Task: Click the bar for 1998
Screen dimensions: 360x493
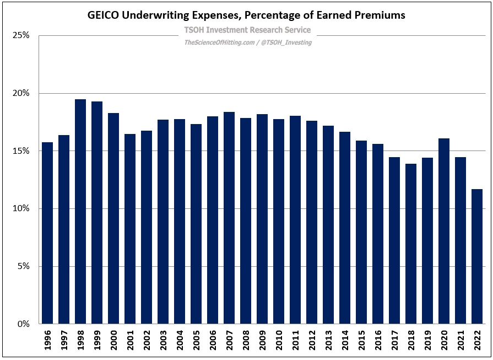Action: (80, 212)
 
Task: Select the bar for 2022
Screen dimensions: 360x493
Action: (477, 256)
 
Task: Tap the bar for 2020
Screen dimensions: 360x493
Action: (444, 232)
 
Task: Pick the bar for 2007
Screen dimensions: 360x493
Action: (229, 218)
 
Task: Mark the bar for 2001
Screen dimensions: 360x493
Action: (130, 229)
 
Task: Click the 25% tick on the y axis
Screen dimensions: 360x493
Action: (21, 36)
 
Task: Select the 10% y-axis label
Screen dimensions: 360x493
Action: (21, 209)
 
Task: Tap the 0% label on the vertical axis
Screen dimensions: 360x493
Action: (23, 324)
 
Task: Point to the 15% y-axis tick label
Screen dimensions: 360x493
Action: (21, 151)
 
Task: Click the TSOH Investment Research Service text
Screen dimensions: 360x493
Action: (246, 30)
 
